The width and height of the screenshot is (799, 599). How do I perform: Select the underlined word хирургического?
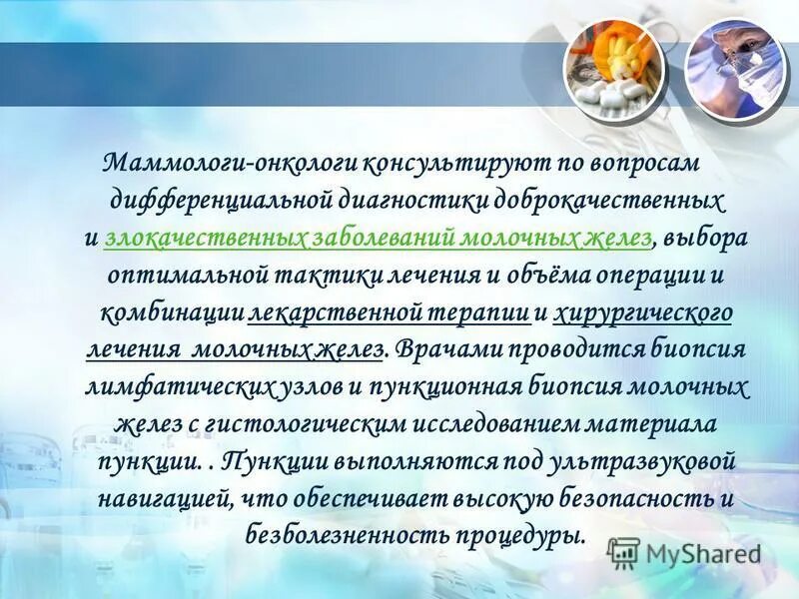643,313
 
